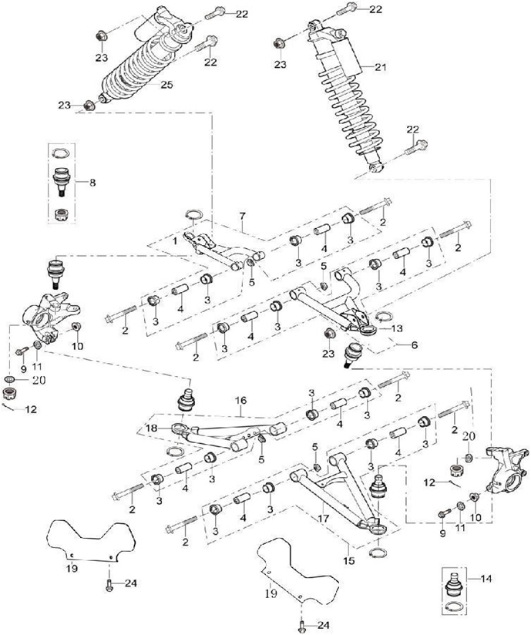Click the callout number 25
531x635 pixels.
coord(166,85)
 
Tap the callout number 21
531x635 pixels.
coord(381,67)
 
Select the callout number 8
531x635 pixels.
coord(92,183)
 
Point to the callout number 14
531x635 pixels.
coord(486,579)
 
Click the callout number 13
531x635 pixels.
coord(397,328)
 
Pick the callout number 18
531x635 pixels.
coord(414,345)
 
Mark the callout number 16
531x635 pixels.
coord(241,401)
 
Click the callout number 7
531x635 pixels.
coord(242,216)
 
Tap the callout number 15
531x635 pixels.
coord(349,560)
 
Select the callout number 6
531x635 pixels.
coord(414,345)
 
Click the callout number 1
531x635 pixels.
coord(175,241)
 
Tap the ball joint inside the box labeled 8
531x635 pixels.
coord(62,180)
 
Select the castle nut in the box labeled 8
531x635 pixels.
coord(61,213)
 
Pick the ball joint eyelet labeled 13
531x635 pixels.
coord(368,331)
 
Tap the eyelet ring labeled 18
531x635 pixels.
coord(179,428)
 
